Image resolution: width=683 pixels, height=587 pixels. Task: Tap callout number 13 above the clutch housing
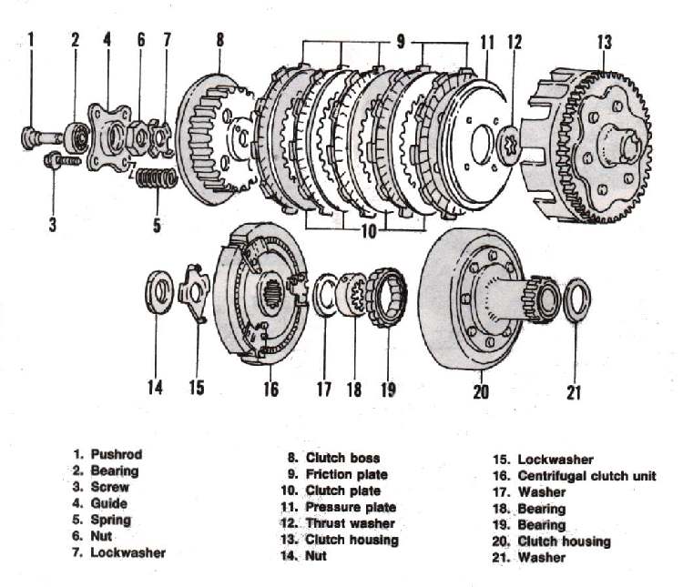[604, 42]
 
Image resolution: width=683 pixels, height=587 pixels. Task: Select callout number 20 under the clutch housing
[481, 391]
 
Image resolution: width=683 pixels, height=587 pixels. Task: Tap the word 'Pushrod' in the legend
[117, 453]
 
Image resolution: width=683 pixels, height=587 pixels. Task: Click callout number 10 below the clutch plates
[367, 231]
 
